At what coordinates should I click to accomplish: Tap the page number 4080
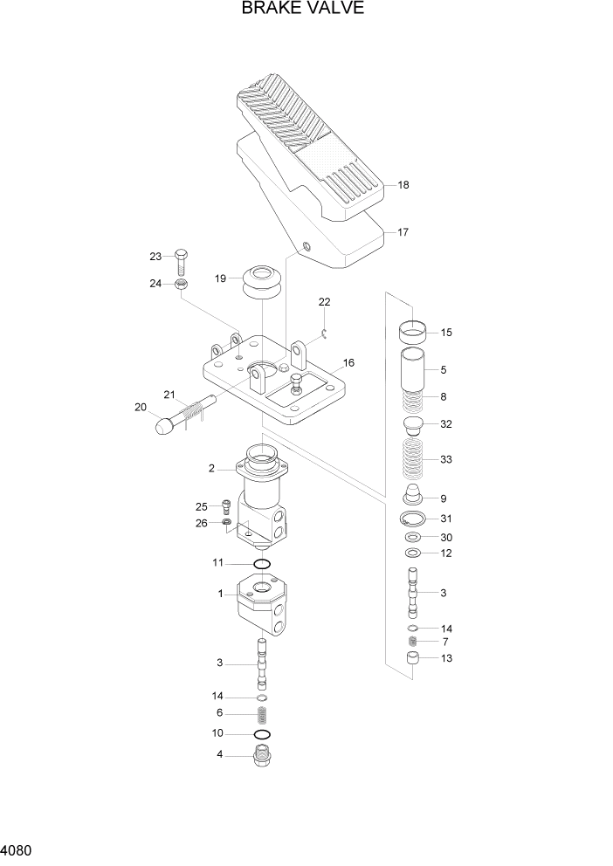tap(18, 849)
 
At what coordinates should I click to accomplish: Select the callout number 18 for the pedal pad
tap(403, 185)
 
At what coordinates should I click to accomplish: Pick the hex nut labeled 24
tap(181, 284)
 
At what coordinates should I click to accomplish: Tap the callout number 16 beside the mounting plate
tap(348, 362)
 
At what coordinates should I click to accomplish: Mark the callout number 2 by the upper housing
tap(211, 469)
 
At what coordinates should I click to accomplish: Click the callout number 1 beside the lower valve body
tap(221, 594)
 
